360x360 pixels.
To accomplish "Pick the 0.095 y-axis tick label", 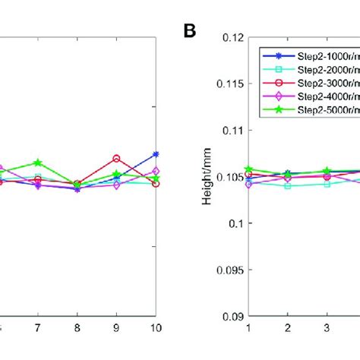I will pos(227,270).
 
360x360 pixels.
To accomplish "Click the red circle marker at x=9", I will pos(116,159).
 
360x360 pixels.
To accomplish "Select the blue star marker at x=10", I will pos(156,154).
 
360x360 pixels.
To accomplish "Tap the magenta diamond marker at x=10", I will pos(156,172).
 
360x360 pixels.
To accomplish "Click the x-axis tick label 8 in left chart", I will pos(77,327).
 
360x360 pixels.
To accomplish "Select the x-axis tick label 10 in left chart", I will pos(156,327).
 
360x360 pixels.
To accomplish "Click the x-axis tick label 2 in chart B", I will pos(288,327).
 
